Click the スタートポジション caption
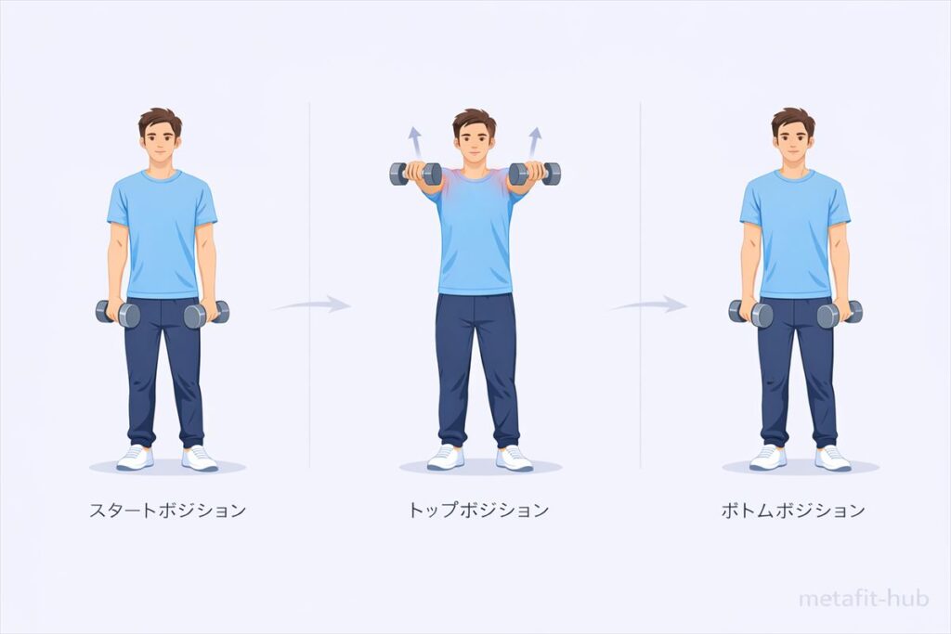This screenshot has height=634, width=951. pos(167,510)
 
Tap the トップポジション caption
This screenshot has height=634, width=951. pos(478,510)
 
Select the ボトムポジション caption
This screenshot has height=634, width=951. pos(793,511)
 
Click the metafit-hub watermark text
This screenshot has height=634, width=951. pos(864,599)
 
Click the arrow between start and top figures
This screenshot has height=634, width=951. pos(312,304)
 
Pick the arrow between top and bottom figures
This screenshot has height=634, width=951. pos(648,304)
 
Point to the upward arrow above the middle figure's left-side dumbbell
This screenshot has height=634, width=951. pos(415,142)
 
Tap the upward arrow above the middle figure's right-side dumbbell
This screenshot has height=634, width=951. pos(534,142)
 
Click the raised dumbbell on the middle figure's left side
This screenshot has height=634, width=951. pos(415,174)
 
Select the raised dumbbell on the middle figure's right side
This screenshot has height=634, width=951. pos(534,174)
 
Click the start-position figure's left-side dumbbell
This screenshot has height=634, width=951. pos(118,314)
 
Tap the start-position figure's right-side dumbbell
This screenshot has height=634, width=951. pos(206,314)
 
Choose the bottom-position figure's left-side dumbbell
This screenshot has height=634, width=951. pos(750,314)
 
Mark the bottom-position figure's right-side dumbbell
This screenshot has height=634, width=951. pos(840,314)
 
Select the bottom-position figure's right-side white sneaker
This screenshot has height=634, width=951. pos(832,459)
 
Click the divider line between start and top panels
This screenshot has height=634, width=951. pos(309,285)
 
